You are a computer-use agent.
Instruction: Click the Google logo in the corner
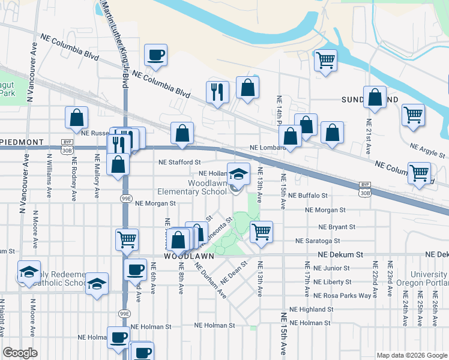point(20,353)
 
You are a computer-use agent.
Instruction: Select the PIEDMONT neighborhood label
point(22,142)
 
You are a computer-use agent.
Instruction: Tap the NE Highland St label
point(311,309)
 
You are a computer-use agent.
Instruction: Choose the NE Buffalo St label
point(308,196)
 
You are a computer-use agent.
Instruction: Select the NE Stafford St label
point(179,162)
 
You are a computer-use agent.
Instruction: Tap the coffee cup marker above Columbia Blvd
point(155,55)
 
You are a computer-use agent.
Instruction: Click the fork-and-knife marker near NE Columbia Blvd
point(217,91)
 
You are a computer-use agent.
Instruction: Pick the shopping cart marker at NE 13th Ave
point(261,231)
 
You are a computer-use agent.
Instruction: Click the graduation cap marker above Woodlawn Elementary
point(238,173)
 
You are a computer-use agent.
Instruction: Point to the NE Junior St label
point(331,268)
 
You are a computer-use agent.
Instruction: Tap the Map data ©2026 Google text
point(411,355)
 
